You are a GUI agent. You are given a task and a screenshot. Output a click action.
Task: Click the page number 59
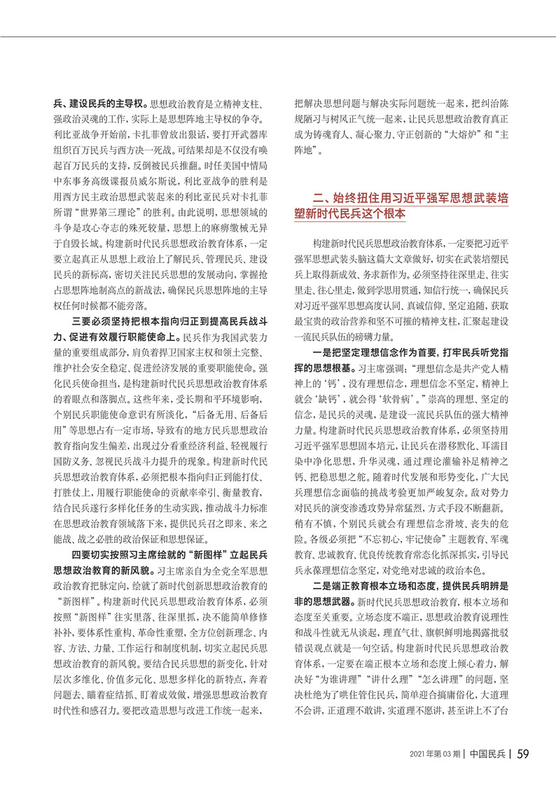coord(527,754)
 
